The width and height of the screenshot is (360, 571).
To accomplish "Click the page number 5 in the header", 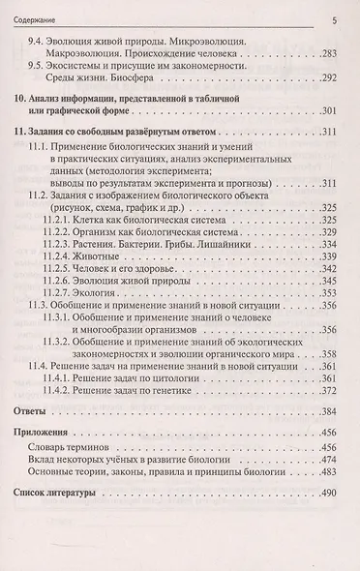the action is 332,18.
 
